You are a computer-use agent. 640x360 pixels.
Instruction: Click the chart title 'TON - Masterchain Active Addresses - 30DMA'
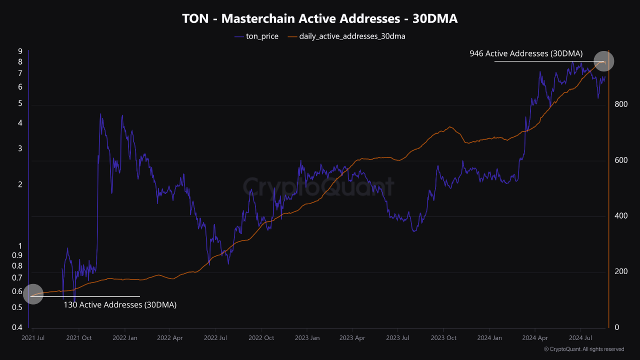(x=320, y=19)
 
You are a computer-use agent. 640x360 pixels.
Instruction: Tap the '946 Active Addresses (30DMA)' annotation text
(x=525, y=53)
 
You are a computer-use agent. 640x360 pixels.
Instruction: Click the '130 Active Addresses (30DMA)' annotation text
(x=120, y=304)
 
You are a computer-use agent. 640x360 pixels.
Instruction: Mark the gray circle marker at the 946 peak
(x=603, y=61)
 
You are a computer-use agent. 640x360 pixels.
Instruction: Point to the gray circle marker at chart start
(x=33, y=294)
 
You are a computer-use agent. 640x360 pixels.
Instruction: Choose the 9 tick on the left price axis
(x=20, y=51)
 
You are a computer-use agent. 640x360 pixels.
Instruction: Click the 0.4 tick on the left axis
(x=17, y=327)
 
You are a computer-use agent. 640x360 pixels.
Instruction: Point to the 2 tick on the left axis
(x=20, y=184)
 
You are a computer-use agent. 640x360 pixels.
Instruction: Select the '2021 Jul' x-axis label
(x=33, y=338)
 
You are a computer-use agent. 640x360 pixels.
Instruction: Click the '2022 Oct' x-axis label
(x=261, y=338)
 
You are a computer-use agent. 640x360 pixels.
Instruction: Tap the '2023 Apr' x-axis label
(x=352, y=338)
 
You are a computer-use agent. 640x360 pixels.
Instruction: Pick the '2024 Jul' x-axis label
(x=580, y=338)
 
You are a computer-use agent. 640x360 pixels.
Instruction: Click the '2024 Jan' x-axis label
(x=489, y=338)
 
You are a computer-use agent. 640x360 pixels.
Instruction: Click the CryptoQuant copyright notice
(x=583, y=349)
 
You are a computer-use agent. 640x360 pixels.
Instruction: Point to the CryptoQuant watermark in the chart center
(x=318, y=187)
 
